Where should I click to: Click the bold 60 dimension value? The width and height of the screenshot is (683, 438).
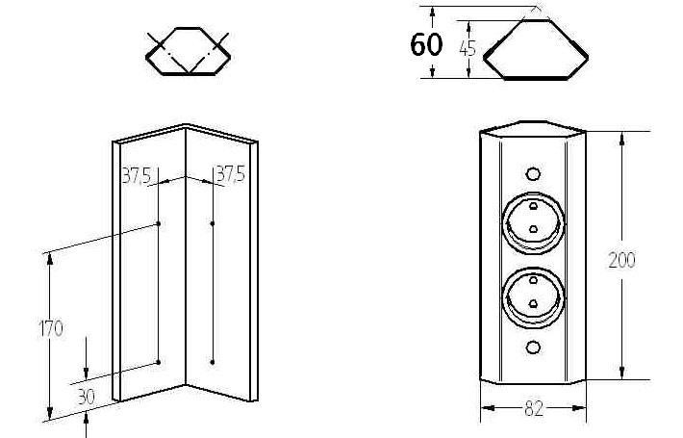[426, 44]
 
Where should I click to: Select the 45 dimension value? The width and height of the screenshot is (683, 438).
[468, 48]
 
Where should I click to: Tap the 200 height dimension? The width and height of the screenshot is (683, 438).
[621, 260]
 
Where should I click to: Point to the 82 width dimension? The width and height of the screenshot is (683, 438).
[534, 409]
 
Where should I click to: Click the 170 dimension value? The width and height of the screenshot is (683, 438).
[51, 328]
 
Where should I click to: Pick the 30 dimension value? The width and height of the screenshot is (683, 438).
[86, 397]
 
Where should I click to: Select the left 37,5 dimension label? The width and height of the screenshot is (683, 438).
[137, 175]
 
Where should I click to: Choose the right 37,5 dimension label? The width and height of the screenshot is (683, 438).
[231, 174]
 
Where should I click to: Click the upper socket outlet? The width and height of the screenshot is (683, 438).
[534, 222]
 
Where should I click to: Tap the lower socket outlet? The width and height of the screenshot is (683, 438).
[534, 297]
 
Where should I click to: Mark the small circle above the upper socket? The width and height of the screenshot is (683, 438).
[533, 174]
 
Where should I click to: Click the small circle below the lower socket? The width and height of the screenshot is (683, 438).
[533, 347]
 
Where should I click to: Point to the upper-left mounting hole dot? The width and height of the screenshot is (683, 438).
[159, 223]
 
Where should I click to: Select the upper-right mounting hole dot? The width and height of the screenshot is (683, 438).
[213, 223]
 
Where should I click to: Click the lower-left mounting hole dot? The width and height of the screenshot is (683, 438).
[159, 362]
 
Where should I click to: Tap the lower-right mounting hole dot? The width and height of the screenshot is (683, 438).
[213, 362]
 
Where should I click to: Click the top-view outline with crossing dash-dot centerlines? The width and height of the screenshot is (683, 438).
[188, 51]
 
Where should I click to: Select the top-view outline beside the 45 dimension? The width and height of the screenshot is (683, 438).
[536, 50]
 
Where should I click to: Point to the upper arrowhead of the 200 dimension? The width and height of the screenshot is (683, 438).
[622, 139]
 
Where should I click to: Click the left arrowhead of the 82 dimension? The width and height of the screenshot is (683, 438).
[488, 408]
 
